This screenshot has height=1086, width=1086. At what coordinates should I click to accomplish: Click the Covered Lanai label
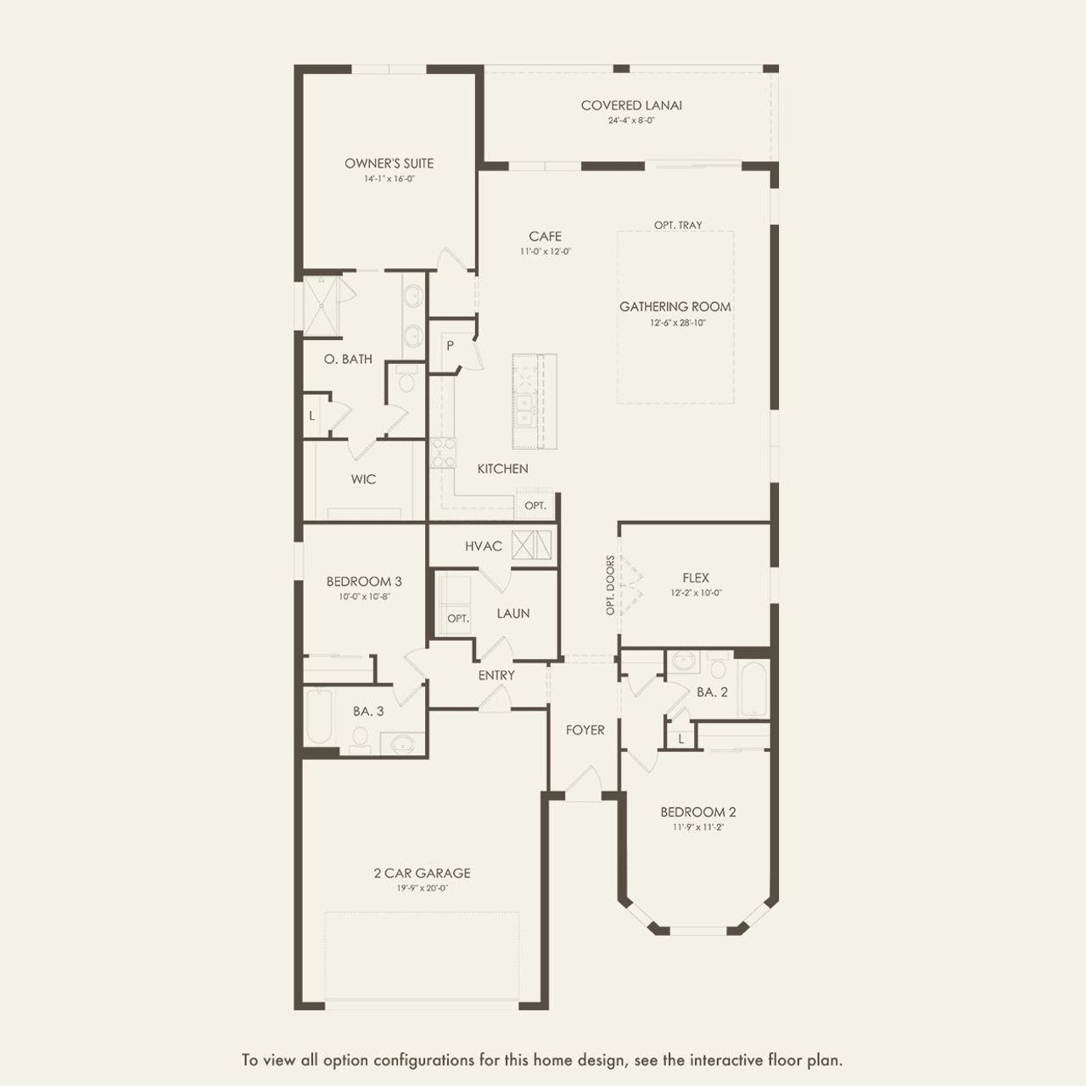[x=631, y=105]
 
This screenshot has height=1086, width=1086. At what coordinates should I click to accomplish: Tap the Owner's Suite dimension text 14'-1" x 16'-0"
[x=389, y=179]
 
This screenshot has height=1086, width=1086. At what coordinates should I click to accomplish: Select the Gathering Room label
[x=675, y=306]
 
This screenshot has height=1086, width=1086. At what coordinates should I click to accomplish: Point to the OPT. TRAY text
[x=678, y=225]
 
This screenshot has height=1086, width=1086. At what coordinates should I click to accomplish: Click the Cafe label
[x=545, y=236]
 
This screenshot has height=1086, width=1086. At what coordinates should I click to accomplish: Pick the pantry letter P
[x=450, y=345]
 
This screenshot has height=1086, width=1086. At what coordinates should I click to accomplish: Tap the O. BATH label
[x=348, y=359]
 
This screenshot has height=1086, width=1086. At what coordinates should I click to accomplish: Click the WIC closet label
[x=363, y=479]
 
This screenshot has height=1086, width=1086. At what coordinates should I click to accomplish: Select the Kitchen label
[x=503, y=468]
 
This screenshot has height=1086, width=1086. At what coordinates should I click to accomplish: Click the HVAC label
[x=484, y=546]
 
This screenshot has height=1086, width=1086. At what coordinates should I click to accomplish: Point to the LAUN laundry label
[x=512, y=613]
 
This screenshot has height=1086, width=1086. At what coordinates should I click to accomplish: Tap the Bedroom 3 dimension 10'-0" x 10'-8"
[x=364, y=596]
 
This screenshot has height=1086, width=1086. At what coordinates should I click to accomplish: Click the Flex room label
[x=696, y=578]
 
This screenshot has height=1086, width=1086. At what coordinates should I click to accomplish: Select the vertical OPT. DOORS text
[x=610, y=585]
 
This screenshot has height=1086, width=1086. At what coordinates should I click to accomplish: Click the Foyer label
[x=585, y=730]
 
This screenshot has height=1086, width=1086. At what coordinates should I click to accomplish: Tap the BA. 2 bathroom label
[x=712, y=692]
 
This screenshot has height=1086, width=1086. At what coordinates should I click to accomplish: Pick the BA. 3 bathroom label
[x=368, y=711]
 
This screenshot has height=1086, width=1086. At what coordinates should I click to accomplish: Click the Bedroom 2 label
[x=697, y=812]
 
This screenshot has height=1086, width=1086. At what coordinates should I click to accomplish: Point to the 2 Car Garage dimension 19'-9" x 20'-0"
[x=422, y=888]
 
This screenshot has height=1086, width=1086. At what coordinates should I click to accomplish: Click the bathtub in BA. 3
[x=320, y=716]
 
